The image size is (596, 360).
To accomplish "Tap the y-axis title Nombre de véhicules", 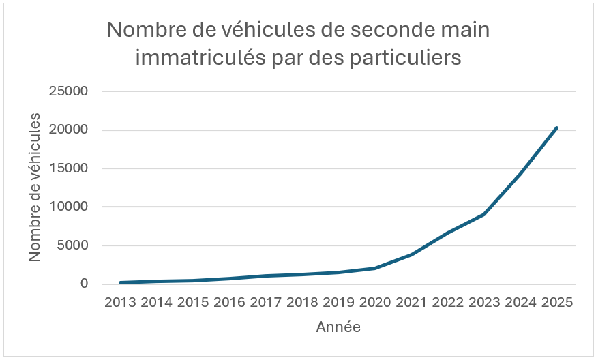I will (x=35, y=186).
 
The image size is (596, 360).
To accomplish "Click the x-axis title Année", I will (x=338, y=327).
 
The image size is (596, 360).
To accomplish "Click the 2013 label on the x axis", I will (x=120, y=302).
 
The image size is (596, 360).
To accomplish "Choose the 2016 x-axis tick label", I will (x=229, y=302).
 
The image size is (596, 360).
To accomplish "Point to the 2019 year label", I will (x=338, y=302).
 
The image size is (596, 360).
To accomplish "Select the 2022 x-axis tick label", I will (x=447, y=302).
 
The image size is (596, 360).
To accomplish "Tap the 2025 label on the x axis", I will (x=556, y=302).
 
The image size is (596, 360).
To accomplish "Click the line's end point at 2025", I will (x=556, y=127).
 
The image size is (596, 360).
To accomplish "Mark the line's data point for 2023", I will (x=484, y=214).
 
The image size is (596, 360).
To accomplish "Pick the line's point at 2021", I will (x=411, y=254).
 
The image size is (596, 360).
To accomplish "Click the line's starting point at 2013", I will (x=120, y=282).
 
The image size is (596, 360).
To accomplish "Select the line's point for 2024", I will (x=520, y=174).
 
